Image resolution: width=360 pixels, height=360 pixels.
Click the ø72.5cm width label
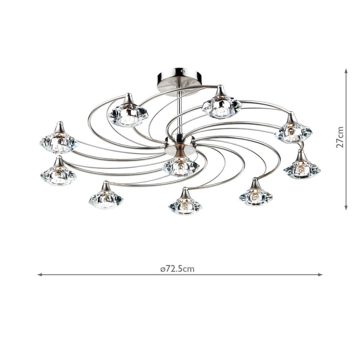[x=177, y=269]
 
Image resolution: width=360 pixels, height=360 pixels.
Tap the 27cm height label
[x=340, y=137]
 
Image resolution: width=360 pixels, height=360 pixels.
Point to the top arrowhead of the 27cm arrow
[x=346, y=71]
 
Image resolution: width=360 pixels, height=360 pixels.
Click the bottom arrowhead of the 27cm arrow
[x=346, y=207]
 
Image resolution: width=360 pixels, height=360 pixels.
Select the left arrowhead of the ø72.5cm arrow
[x=40, y=274]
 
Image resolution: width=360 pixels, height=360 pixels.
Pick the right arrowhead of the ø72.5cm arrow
[x=320, y=274]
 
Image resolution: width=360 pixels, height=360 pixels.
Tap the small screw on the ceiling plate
[x=182, y=71]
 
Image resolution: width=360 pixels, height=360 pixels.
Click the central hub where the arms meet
[x=180, y=144]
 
